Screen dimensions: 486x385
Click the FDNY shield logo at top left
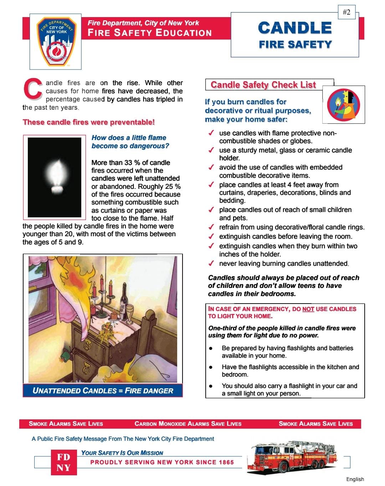[55, 41]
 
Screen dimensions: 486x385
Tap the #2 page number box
[346, 12]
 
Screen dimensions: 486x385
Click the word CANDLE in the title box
[295, 28]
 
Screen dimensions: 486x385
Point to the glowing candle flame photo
[55, 177]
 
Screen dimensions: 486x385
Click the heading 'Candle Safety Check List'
[263, 85]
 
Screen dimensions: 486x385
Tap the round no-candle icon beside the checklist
[344, 104]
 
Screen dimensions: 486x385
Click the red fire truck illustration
[292, 456]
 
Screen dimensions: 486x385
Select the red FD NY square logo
[63, 462]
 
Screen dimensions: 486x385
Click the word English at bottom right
[355, 479]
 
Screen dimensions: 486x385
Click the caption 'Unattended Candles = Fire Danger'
[103, 391]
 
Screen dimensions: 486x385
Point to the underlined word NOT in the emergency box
[308, 309]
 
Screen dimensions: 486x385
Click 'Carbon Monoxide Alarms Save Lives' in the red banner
[188, 424]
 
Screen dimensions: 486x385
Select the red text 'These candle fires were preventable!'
[89, 122]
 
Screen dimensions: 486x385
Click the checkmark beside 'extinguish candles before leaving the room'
[211, 236]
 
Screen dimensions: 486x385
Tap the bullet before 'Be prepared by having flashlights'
[211, 348]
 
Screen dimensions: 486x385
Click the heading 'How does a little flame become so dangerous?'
[130, 142]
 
